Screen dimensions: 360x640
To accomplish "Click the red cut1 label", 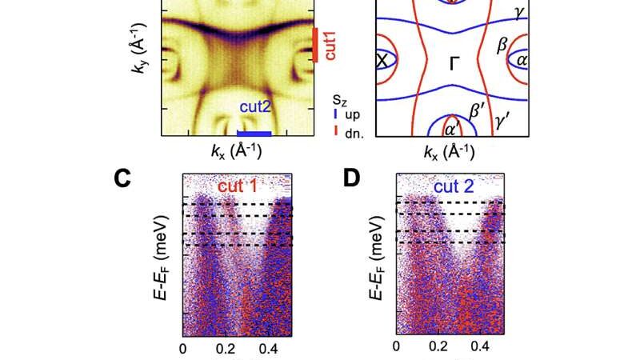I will pyautogui.click(x=327, y=46).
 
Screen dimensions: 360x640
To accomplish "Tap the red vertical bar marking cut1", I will pyautogui.click(x=316, y=44).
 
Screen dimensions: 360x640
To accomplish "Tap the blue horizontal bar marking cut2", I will pyautogui.click(x=256, y=133).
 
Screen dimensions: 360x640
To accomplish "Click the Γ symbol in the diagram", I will pyautogui.click(x=454, y=64).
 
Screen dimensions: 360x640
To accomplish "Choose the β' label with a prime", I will pyautogui.click(x=478, y=110).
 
